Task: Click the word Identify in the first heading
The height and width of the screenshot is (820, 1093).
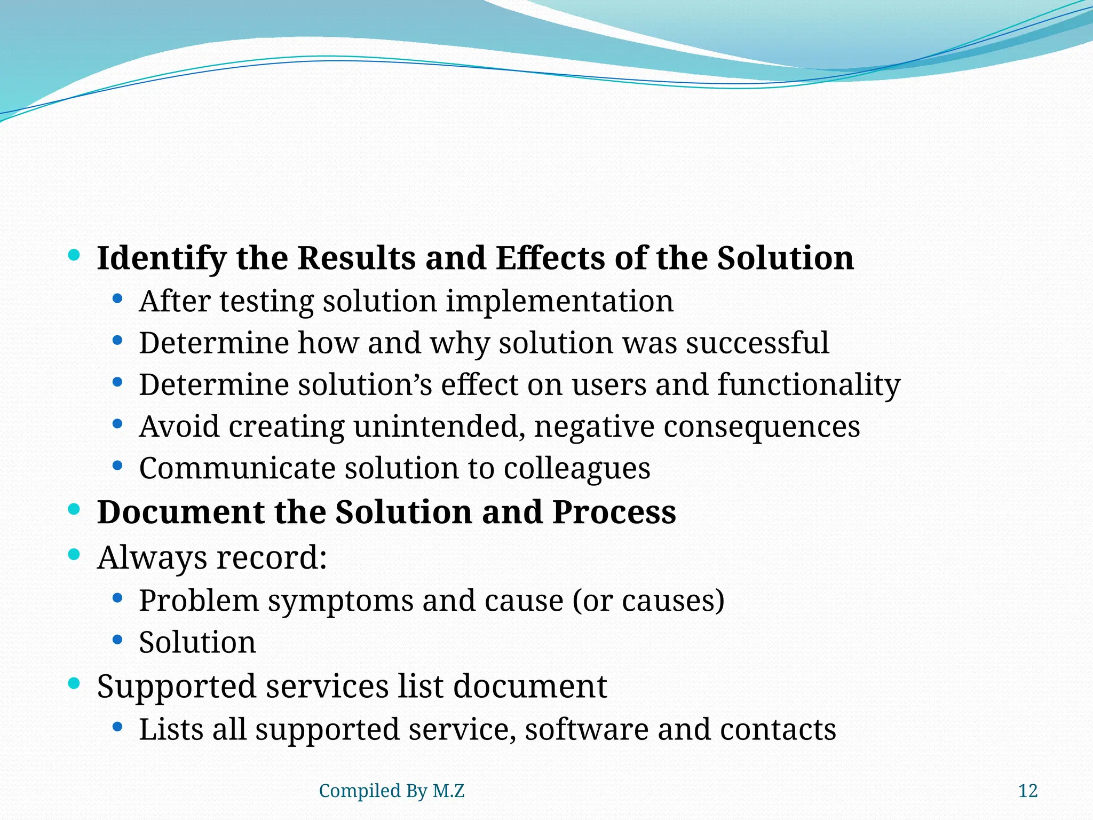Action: click(161, 259)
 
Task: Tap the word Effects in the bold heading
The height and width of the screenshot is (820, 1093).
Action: click(550, 259)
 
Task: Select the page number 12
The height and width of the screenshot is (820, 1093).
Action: click(1027, 791)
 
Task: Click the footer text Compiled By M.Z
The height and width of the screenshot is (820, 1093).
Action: click(391, 791)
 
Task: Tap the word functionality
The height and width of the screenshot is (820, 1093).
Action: click(809, 385)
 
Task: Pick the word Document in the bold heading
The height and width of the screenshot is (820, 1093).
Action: click(180, 512)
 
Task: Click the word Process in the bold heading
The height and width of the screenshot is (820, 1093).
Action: click(614, 512)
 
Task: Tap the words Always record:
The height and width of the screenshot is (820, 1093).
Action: click(211, 558)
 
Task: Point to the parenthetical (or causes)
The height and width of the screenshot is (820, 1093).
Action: click(648, 601)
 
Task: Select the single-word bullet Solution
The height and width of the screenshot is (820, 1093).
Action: click(197, 642)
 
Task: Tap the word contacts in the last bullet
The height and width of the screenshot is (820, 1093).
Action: click(777, 730)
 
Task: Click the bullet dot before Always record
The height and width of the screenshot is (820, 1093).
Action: click(74, 555)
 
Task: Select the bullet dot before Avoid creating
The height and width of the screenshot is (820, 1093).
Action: click(117, 424)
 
